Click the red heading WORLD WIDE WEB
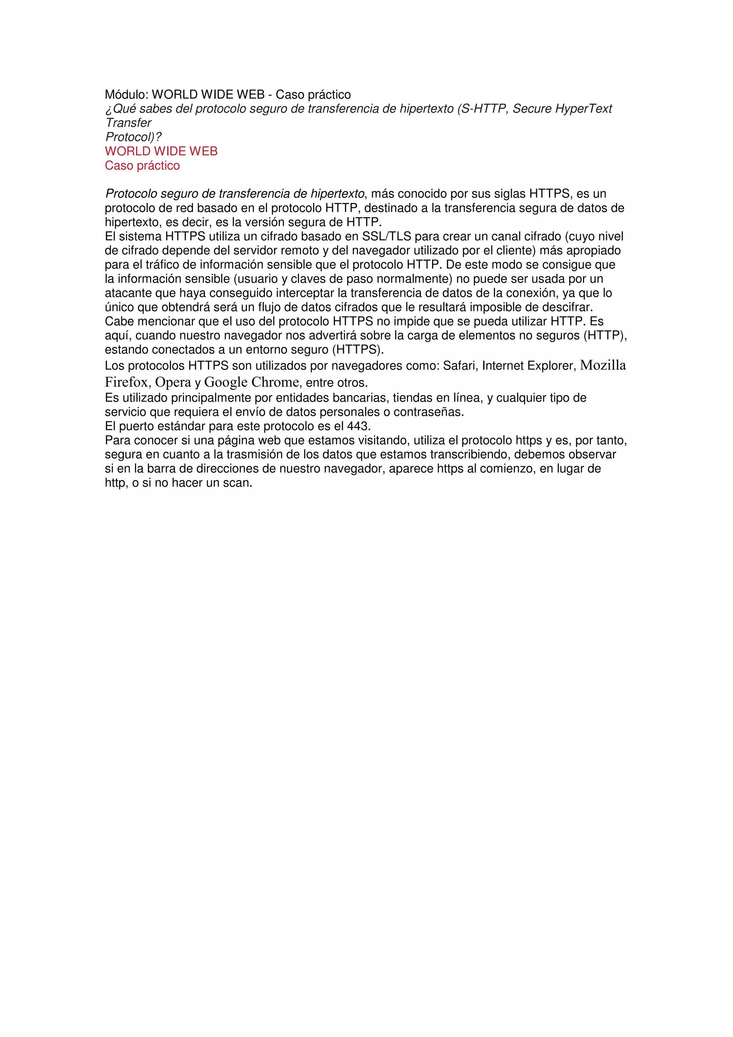(161, 151)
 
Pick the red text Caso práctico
(142, 166)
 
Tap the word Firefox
(126, 382)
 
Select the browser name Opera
(173, 382)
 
